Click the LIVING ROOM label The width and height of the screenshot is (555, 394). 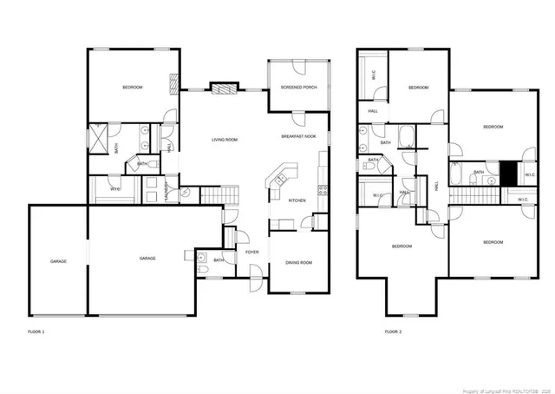coord(225,140)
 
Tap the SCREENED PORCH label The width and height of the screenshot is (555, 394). coord(297,87)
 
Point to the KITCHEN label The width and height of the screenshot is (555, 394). coord(297,200)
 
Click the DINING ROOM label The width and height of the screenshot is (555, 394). coord(298,263)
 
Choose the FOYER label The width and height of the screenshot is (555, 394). coord(251,252)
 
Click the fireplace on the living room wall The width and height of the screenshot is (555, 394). coord(225,89)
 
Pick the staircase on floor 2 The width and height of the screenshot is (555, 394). coord(473,197)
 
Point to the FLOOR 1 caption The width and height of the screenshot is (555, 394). coord(36,332)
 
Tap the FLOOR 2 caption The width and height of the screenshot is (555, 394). coord(394,332)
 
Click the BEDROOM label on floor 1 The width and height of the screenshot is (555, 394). coord(132,88)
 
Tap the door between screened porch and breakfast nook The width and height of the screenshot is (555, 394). coord(297,114)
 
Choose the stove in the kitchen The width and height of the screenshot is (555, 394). coord(323,189)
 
